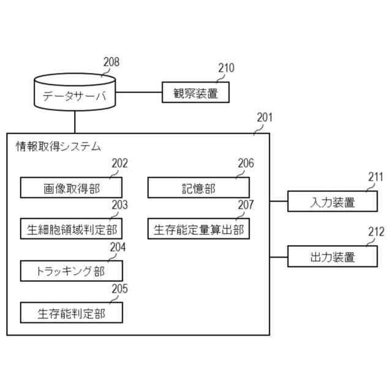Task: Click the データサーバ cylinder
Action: (x=74, y=94)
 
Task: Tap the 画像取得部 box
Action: (x=72, y=188)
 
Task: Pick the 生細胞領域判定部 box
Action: (x=72, y=230)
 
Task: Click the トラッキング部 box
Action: (x=72, y=271)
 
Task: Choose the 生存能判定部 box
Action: (x=72, y=313)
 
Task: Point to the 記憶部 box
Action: (x=198, y=188)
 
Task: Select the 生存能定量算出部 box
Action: (x=198, y=230)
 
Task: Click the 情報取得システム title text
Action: (x=58, y=146)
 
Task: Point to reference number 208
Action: (x=111, y=62)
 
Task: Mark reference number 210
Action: (x=225, y=69)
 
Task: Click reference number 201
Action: (x=265, y=117)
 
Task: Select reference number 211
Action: (x=375, y=178)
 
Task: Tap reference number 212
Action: (x=375, y=232)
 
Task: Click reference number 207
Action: (x=246, y=205)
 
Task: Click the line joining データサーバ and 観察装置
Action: (x=139, y=93)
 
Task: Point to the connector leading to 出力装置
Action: (x=279, y=257)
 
